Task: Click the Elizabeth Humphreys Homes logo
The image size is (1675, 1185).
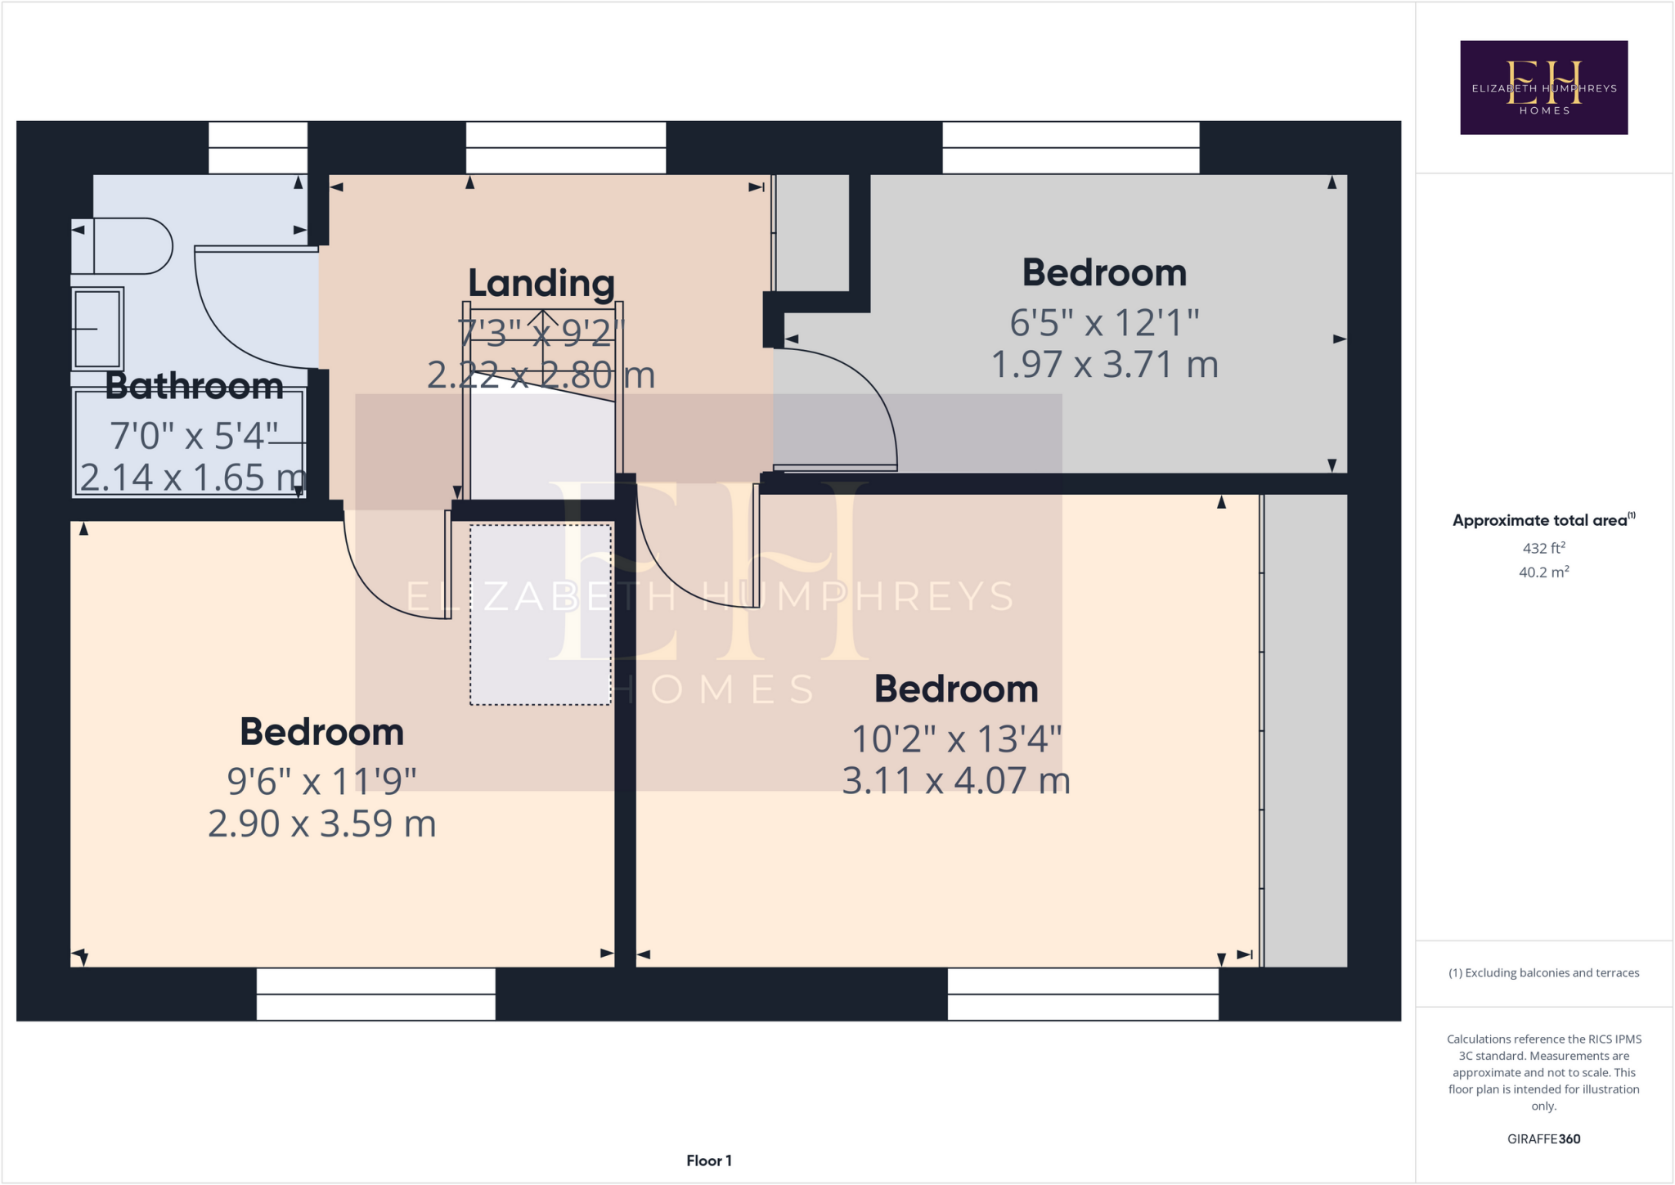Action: [x=1543, y=88]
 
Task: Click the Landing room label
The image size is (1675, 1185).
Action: [x=541, y=284]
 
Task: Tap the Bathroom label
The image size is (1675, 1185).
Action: [x=194, y=386]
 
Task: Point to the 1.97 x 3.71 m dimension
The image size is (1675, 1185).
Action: [x=1104, y=365]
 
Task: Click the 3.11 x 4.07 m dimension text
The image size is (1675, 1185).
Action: [x=955, y=781]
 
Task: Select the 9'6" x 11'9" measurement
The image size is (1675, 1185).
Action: [x=321, y=782]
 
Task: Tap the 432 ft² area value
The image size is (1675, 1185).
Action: [x=1543, y=548]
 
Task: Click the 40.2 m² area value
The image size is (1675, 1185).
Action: [x=1543, y=572]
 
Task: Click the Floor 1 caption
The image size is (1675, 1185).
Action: [x=708, y=1160]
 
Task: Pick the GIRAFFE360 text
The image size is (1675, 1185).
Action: [x=1543, y=1138]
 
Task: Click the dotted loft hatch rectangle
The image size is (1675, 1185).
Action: [x=540, y=614]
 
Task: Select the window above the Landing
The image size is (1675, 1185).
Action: [x=565, y=148]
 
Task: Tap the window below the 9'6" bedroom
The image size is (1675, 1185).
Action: [x=375, y=994]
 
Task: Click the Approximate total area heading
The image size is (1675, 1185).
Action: [x=1542, y=520]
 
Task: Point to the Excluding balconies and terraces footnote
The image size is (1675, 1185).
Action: [x=1543, y=973]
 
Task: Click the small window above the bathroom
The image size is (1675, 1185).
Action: [x=258, y=148]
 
